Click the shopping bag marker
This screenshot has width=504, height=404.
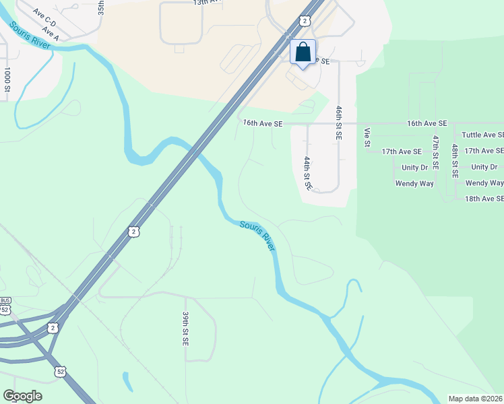(303, 52)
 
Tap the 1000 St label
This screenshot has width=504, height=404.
(7, 79)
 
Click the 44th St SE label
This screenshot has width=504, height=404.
(307, 173)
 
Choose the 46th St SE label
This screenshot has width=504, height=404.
(339, 122)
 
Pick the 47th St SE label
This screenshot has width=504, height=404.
(436, 151)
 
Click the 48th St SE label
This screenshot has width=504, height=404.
(455, 160)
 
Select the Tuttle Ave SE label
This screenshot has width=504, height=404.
(482, 135)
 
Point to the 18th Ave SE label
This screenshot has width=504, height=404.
(484, 199)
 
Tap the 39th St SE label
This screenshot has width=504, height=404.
(185, 328)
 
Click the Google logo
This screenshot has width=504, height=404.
(22, 396)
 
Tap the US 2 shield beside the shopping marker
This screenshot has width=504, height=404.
(306, 21)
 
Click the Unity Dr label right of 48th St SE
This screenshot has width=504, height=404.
(484, 167)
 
